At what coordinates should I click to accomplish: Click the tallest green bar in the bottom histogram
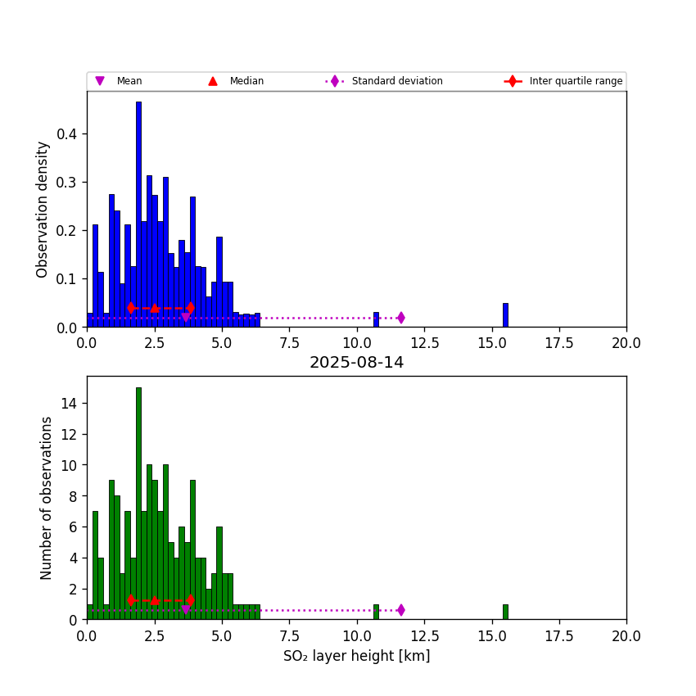tap(138, 504)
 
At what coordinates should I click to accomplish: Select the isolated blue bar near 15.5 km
tap(505, 315)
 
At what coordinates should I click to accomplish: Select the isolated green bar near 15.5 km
tap(505, 612)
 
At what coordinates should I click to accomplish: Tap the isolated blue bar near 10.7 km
tap(376, 320)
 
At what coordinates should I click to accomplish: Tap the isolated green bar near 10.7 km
tap(376, 612)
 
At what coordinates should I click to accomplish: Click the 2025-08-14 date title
tap(356, 363)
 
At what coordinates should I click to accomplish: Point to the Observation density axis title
tap(43, 209)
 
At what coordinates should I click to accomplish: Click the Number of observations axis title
tap(47, 498)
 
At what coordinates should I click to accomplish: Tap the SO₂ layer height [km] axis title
tap(356, 657)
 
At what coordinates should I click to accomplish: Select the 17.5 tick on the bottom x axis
tap(559, 635)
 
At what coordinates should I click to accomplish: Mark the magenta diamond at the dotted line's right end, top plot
tap(400, 318)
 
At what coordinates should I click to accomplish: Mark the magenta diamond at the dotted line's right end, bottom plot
tap(400, 610)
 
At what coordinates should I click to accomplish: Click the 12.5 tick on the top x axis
tap(424, 343)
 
